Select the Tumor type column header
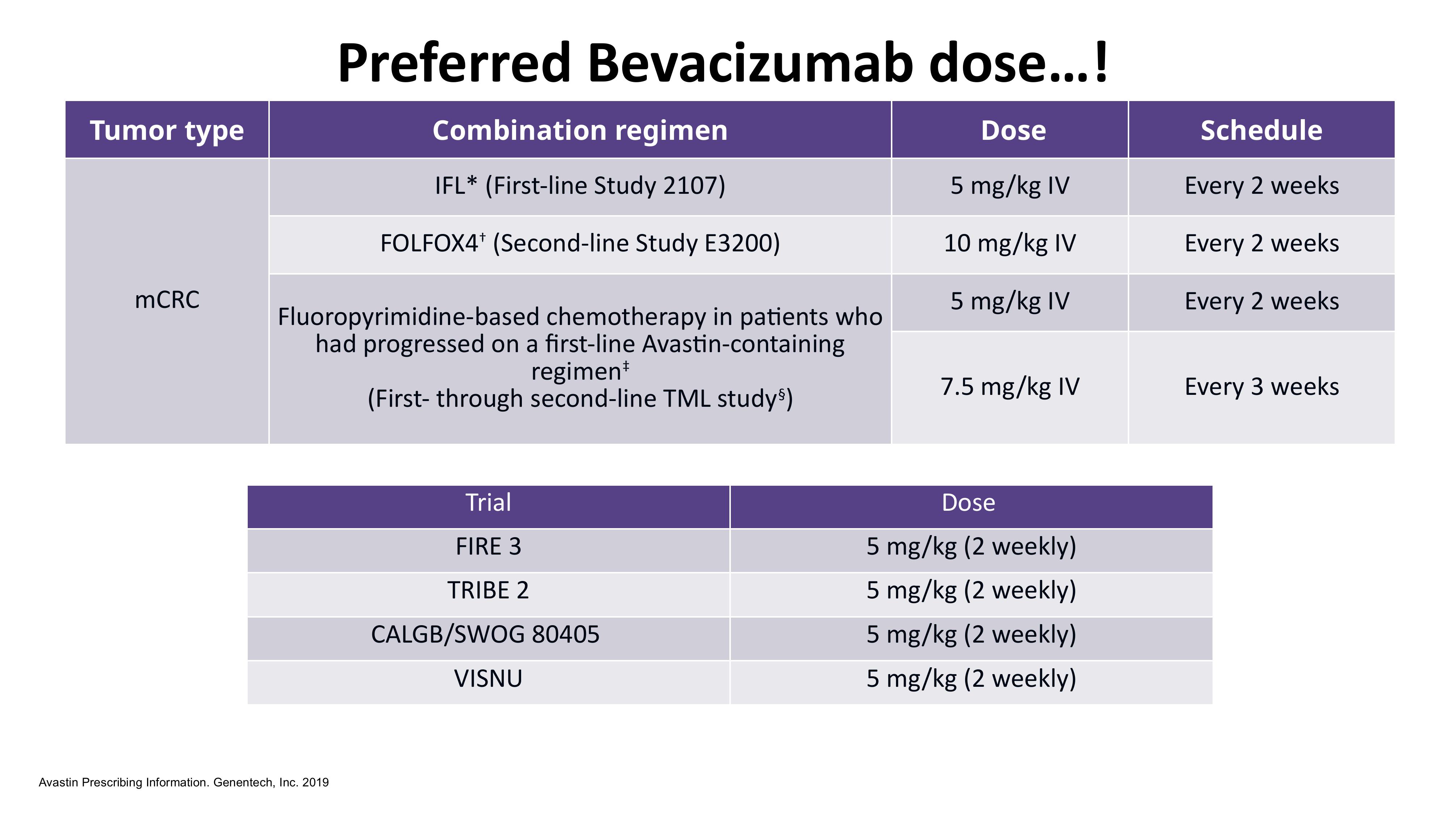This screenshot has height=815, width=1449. tap(167, 130)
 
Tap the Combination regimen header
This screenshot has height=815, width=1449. tap(580, 130)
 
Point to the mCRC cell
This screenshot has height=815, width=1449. tap(167, 300)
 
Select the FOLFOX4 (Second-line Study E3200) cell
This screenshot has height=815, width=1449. tap(580, 244)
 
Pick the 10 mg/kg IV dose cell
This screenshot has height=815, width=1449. tap(1010, 244)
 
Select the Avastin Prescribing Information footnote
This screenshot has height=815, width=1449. tap(184, 782)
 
